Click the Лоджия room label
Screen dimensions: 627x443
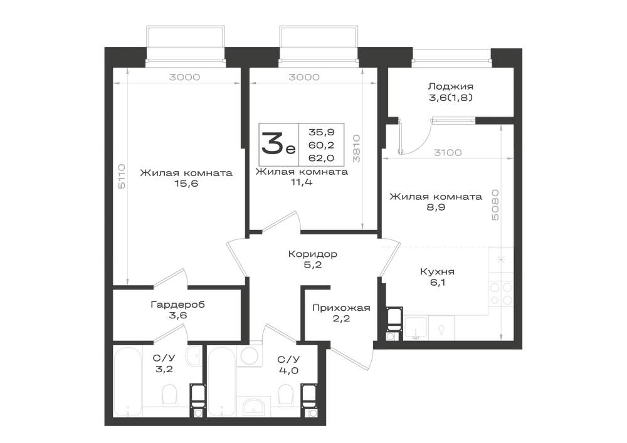point(451,86)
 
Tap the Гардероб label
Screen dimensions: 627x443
point(178,305)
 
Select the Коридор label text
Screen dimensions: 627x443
point(313,254)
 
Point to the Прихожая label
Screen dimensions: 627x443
point(341,308)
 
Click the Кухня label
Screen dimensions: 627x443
point(438,272)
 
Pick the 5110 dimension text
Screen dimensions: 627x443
point(122,176)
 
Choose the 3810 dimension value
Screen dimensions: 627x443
point(356,149)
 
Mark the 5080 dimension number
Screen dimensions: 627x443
point(495,205)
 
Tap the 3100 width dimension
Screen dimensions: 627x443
point(448,152)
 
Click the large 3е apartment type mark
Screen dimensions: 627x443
point(278,144)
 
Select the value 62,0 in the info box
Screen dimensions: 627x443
point(321,158)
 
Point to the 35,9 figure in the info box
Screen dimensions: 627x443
point(321,132)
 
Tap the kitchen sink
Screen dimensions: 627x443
point(416,328)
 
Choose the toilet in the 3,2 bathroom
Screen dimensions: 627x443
point(169,394)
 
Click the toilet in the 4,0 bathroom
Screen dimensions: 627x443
point(285,394)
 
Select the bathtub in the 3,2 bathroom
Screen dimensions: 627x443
point(127,382)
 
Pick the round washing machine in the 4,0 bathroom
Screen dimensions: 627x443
point(250,355)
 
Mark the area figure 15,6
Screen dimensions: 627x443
point(186,184)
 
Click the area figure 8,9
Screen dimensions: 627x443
point(436,207)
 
